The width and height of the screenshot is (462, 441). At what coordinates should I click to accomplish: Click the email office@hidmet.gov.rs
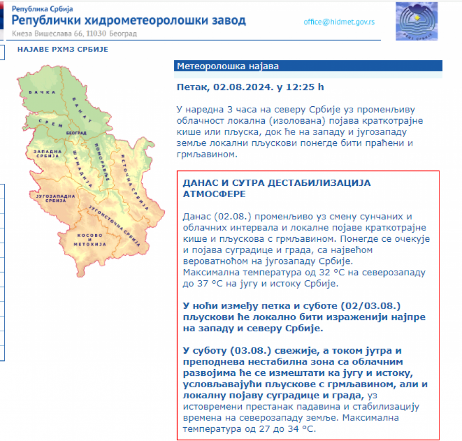[x=339, y=22]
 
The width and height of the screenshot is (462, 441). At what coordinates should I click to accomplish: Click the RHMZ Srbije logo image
[x=416, y=21]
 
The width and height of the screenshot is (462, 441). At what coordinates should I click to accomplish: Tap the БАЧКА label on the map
[x=42, y=92]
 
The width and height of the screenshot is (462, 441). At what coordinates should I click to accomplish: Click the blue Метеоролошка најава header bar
[x=308, y=66]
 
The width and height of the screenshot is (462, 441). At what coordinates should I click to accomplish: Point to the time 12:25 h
[x=306, y=87]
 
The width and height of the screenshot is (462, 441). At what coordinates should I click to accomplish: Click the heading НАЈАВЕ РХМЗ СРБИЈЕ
[x=63, y=49]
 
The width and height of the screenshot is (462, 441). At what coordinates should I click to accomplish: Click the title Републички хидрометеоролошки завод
[x=128, y=21]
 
